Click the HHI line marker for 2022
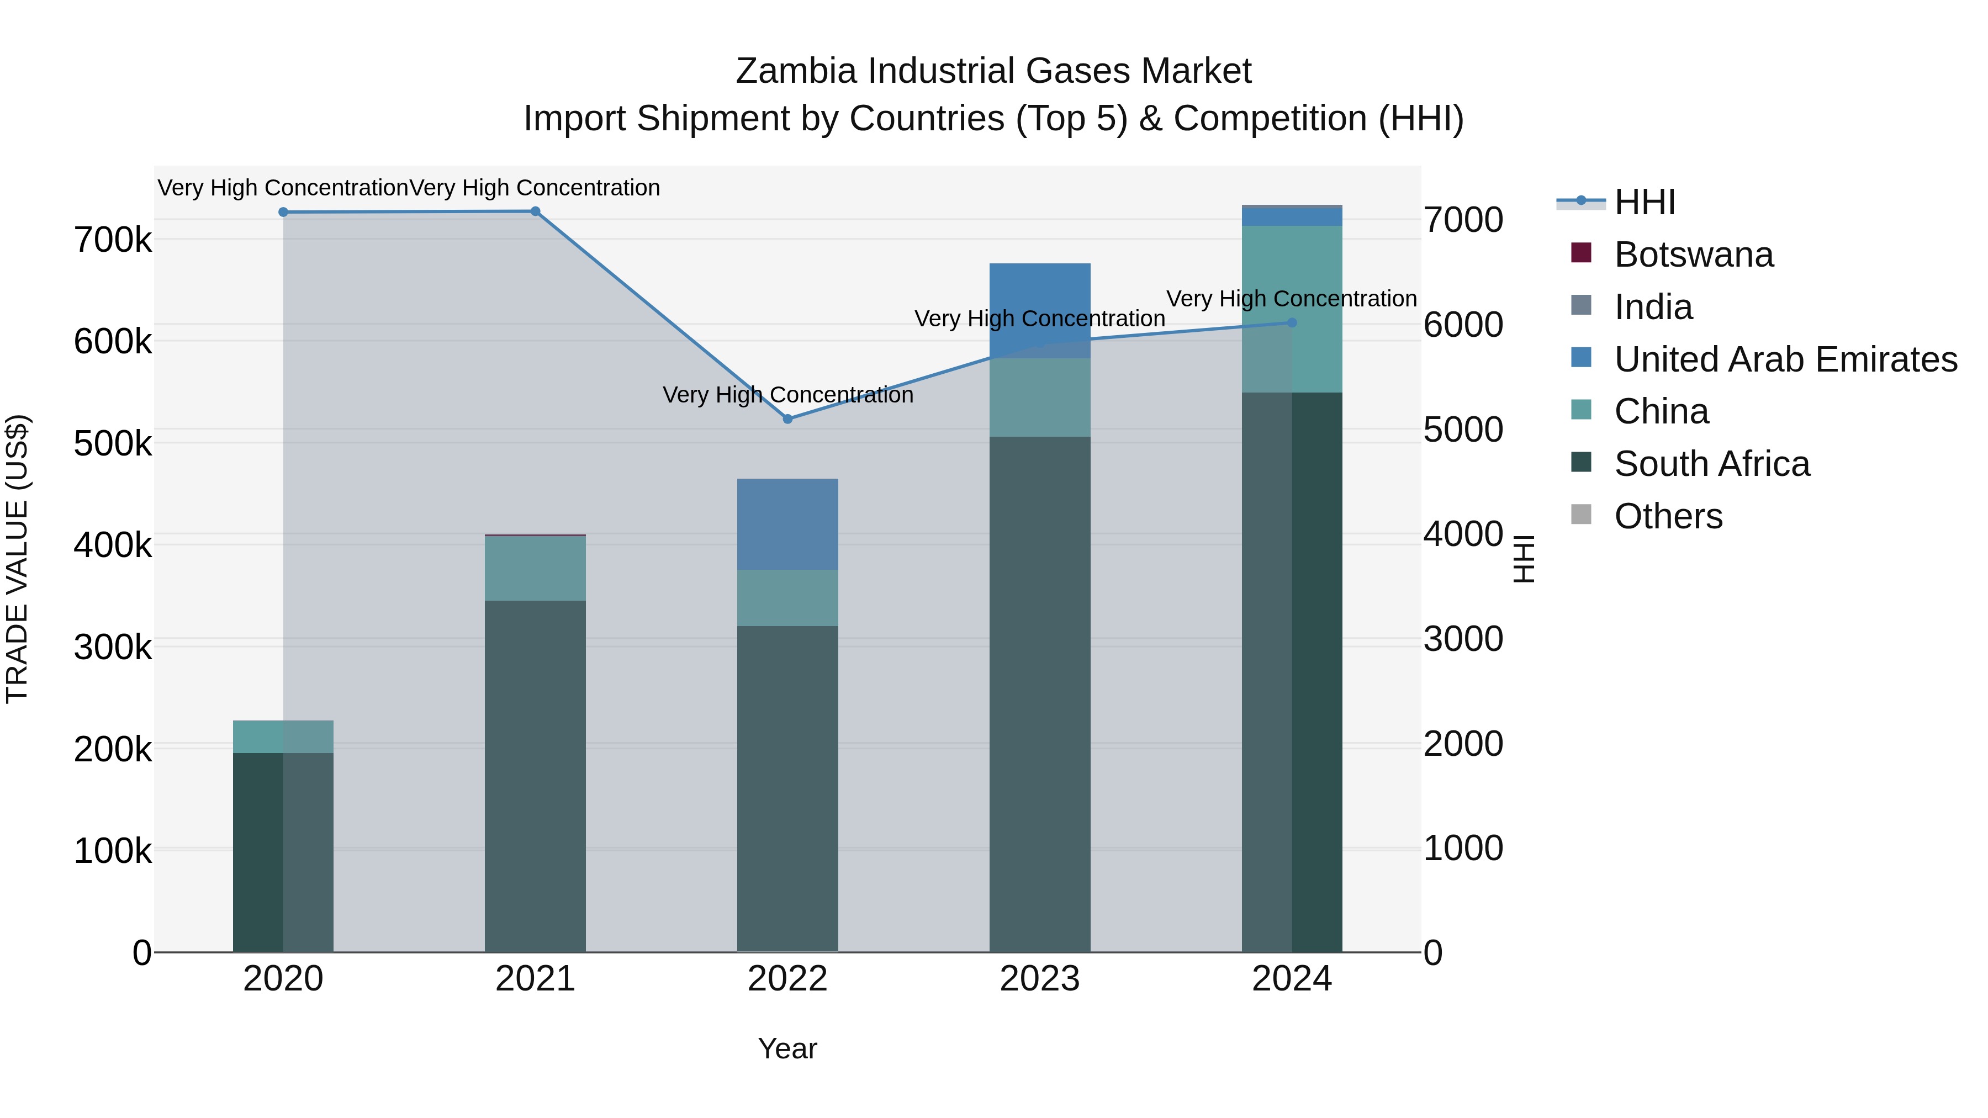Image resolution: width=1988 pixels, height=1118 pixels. point(787,419)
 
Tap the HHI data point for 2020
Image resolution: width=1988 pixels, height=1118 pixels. point(283,212)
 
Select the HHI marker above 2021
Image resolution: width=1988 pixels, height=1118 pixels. point(535,211)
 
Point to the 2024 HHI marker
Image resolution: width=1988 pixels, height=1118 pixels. point(1292,322)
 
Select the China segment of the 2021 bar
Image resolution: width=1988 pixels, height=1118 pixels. point(535,568)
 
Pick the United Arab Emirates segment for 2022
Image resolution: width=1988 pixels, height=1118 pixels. point(787,524)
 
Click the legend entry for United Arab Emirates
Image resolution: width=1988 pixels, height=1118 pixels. point(1785,359)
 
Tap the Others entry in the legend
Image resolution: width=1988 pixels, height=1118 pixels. point(1668,516)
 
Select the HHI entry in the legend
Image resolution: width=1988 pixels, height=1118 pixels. point(1644,202)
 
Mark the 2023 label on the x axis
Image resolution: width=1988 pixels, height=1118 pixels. point(1039,979)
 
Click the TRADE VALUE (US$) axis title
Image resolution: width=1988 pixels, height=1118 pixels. point(17,559)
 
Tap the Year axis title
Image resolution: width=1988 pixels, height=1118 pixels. point(787,1048)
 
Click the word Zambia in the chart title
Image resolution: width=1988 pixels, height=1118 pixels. point(796,71)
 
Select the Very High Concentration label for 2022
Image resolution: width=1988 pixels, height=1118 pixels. point(787,395)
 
